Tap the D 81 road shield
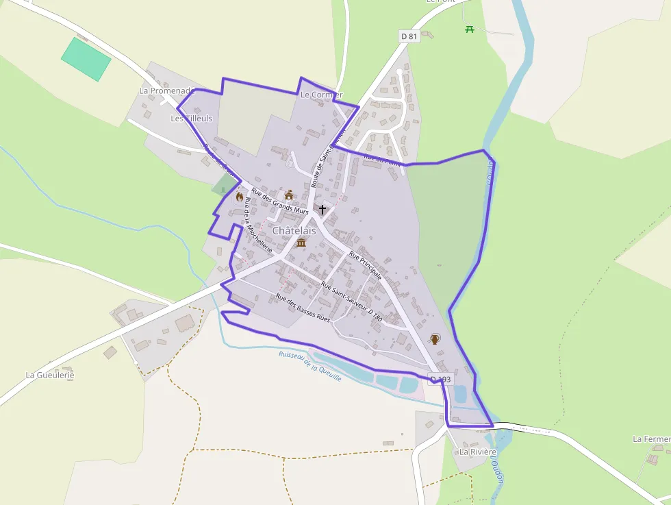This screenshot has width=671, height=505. tap(409, 36)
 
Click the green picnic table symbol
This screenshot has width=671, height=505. tap(470, 29)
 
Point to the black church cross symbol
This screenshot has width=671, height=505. tap(322, 209)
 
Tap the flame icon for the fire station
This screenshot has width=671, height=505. tap(239, 197)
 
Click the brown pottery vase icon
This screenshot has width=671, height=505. tap(434, 338)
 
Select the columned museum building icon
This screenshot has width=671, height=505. tap(301, 243)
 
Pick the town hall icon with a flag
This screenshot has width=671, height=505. tap(289, 195)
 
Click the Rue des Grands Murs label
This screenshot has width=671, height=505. tap(280, 201)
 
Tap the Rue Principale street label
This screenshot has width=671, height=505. tap(365, 265)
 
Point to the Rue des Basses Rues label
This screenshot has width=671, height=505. tap(303, 308)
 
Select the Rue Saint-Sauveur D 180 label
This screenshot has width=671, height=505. tap(351, 302)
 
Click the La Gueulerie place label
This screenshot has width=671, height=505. tap(49, 375)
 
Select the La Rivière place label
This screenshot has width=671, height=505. tap(478, 452)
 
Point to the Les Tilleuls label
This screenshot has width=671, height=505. tap(191, 119)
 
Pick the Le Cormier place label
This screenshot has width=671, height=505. tap(321, 95)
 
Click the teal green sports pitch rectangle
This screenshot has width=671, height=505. tap(86, 59)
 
